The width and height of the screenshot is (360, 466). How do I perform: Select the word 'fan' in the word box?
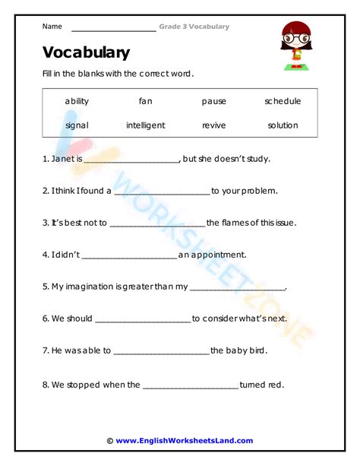(x=145, y=101)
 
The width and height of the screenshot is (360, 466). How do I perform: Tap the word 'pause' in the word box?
(x=214, y=101)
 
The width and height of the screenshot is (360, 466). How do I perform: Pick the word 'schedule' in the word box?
(x=283, y=101)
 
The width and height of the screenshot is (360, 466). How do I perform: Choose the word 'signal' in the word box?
(x=77, y=125)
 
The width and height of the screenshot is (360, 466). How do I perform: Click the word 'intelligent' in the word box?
(x=145, y=125)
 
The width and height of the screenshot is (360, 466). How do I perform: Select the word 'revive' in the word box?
(x=214, y=125)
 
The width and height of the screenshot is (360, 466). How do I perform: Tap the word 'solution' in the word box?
(x=283, y=125)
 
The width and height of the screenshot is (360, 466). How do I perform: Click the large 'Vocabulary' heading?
(x=86, y=52)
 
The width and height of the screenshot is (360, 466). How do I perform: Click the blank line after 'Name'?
(x=112, y=29)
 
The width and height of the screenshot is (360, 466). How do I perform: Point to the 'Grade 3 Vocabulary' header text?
(x=194, y=27)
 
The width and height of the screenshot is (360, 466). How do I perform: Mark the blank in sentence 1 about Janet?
(x=131, y=160)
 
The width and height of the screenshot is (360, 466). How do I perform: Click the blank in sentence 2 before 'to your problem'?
(x=161, y=192)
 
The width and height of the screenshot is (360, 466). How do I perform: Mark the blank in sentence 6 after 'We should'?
(x=143, y=320)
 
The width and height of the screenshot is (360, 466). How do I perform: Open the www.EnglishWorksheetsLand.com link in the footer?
(x=185, y=440)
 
